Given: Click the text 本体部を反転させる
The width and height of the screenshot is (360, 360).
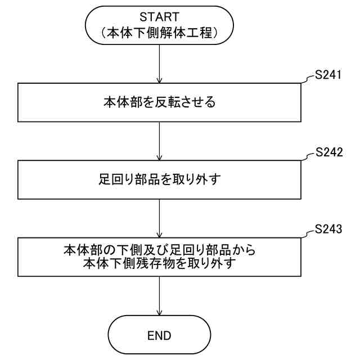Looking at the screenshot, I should pyautogui.click(x=160, y=103).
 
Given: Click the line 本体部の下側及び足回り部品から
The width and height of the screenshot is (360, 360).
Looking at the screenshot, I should pyautogui.click(x=160, y=250).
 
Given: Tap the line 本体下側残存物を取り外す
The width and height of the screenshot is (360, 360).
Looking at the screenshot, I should pyautogui.click(x=160, y=262).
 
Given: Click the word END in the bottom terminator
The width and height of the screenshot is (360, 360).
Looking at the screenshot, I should pyautogui.click(x=160, y=336).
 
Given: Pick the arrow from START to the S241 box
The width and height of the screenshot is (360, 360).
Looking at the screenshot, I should pyautogui.click(x=160, y=65).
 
